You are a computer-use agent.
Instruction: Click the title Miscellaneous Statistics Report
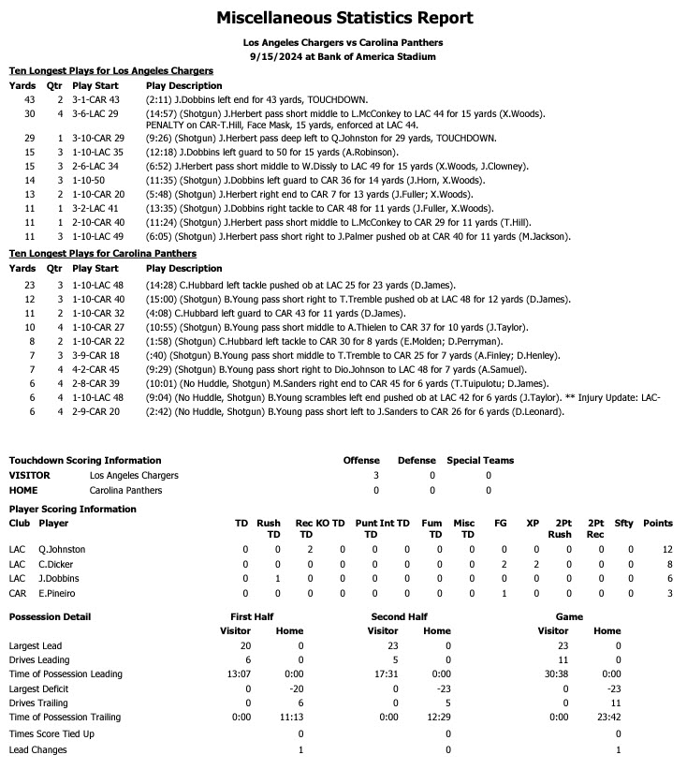click(343, 18)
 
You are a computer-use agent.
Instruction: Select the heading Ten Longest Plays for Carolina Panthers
click(103, 253)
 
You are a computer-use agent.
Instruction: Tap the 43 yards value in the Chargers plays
click(28, 99)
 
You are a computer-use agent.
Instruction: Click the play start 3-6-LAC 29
click(95, 113)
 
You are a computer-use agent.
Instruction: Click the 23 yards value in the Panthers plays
click(28, 285)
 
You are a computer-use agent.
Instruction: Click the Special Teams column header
click(479, 460)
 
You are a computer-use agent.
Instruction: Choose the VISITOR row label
click(29, 475)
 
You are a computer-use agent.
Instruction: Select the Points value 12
click(666, 549)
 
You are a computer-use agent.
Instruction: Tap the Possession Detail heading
click(50, 617)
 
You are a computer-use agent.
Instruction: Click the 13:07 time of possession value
click(237, 674)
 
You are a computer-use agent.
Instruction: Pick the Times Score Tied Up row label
click(51, 733)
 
